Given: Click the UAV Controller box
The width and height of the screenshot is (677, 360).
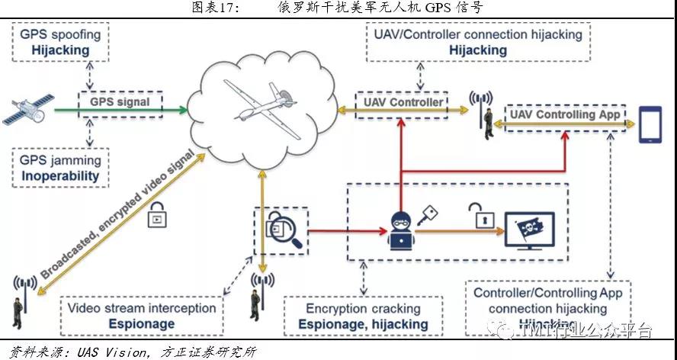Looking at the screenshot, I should [401, 101].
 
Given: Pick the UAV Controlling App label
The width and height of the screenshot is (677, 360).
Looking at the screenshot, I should [563, 115].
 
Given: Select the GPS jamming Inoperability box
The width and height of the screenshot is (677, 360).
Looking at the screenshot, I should [60, 168].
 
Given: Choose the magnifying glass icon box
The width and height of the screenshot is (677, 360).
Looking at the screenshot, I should [280, 230].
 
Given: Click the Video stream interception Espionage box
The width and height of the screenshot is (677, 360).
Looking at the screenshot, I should [142, 316].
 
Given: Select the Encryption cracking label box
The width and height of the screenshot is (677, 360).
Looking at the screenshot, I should [363, 316].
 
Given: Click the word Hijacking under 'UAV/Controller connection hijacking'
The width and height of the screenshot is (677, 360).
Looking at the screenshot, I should [478, 50].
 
